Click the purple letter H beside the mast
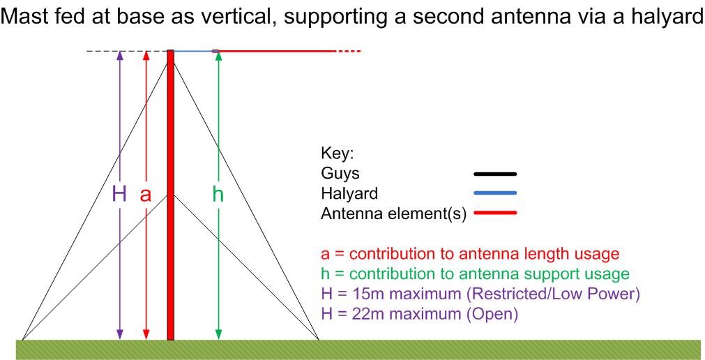[119, 195]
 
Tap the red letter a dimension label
[145, 196]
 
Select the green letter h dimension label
[218, 195]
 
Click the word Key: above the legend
[338, 154]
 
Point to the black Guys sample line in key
[494, 174]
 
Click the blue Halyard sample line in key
[494, 193]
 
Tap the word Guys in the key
[340, 174]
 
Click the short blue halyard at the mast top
[193, 52]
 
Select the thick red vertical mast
[170, 195]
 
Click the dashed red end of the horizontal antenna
[347, 52]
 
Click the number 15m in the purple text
[361, 294]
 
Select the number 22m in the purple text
[361, 314]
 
